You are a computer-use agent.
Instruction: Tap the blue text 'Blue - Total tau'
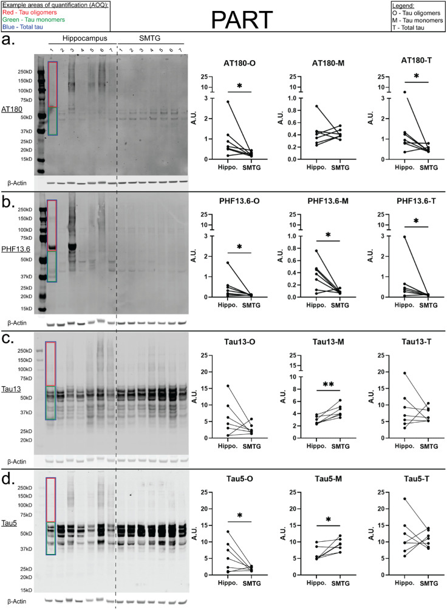coord(26,26)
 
